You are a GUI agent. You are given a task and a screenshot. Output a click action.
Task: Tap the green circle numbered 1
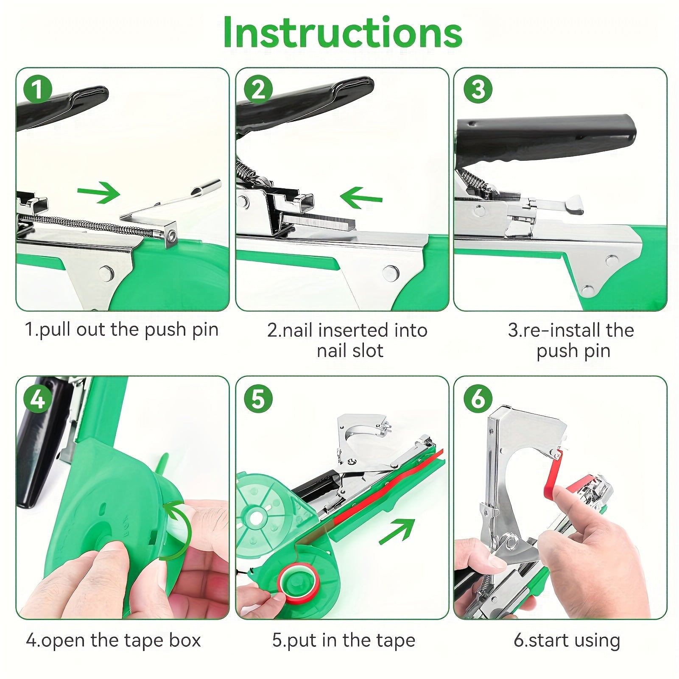coord(38,89)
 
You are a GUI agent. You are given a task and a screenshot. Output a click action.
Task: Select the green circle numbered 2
coord(258,89)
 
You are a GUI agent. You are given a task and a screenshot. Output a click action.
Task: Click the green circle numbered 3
coord(478,89)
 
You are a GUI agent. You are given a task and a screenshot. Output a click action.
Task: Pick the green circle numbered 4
coord(38,399)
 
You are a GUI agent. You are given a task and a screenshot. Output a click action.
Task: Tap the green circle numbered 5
coord(258,399)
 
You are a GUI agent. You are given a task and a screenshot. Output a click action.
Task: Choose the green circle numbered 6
coord(478,399)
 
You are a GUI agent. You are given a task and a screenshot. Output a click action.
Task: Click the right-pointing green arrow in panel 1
coord(99,193)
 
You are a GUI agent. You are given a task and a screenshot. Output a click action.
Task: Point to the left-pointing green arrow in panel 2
coord(361,198)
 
